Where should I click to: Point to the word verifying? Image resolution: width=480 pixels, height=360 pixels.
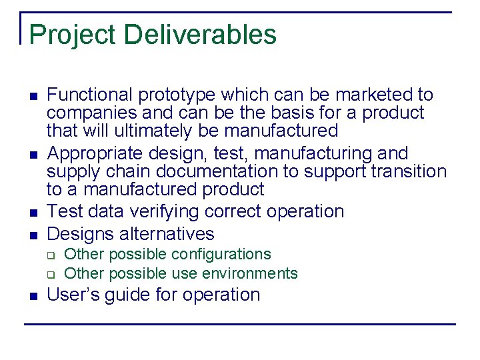[174, 212]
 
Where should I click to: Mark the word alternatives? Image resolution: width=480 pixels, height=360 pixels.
[168, 234]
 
